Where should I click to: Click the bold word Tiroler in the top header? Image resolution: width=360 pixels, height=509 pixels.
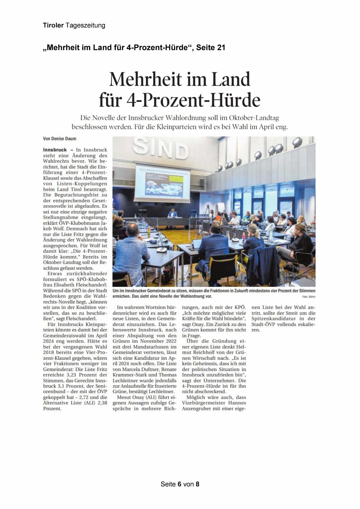pos(53,26)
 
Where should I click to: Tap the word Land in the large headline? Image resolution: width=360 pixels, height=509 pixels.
pos(231,79)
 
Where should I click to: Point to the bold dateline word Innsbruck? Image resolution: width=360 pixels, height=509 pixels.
pos(55,150)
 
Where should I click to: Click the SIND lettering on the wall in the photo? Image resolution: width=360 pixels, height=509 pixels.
pos(161,148)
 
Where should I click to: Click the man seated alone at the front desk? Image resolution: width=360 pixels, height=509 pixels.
pos(173,214)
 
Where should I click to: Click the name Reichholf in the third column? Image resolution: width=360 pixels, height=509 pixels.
pos(200,352)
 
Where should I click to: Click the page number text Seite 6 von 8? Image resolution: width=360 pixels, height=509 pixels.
pos(180,484)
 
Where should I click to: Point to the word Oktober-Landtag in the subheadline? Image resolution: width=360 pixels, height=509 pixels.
pos(254,118)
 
